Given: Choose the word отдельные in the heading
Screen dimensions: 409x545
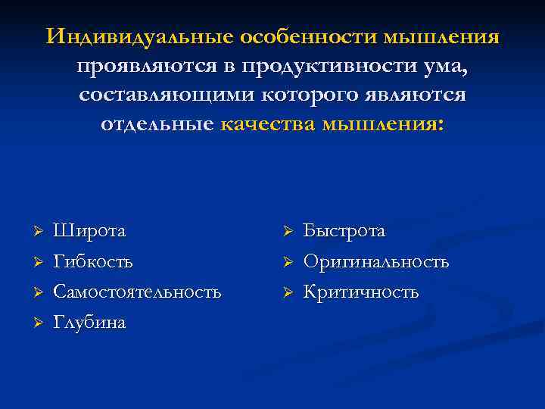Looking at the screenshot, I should tap(158, 124).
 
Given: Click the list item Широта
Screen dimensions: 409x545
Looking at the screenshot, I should tap(89, 230).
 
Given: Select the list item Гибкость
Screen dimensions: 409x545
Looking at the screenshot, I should tap(93, 261).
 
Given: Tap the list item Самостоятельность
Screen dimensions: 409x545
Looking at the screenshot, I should tap(137, 292).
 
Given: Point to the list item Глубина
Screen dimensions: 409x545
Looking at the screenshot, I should tap(89, 323).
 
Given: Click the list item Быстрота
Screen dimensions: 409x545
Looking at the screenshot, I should tap(344, 230).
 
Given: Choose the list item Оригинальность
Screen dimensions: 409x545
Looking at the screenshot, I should tap(376, 261).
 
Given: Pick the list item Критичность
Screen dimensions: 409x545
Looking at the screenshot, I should tap(361, 292).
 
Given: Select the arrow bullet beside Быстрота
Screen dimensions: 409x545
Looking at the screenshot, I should tap(285, 231).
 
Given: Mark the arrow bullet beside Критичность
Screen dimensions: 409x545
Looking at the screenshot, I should tap(285, 292).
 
